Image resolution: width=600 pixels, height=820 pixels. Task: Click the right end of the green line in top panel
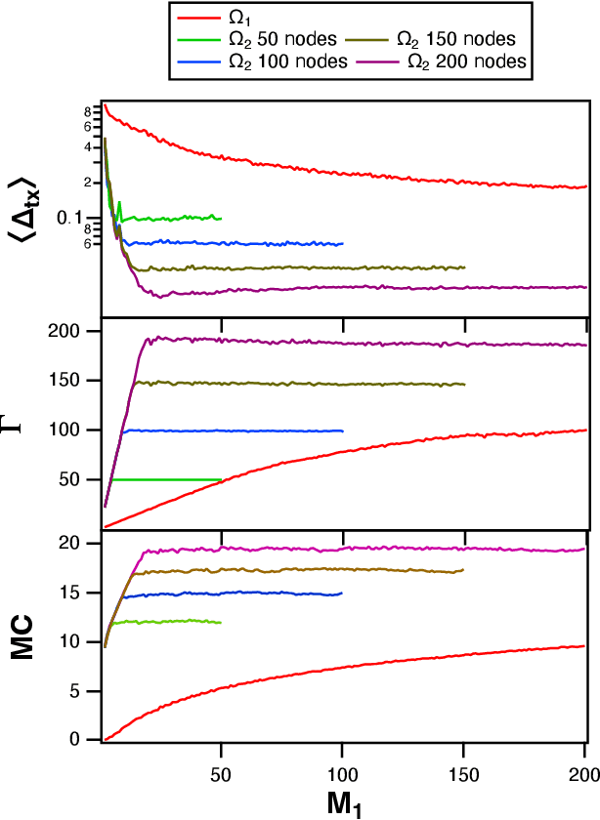222,218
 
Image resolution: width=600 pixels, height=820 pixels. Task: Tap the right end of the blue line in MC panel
342,594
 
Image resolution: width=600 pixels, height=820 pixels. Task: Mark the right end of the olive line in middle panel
464,385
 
